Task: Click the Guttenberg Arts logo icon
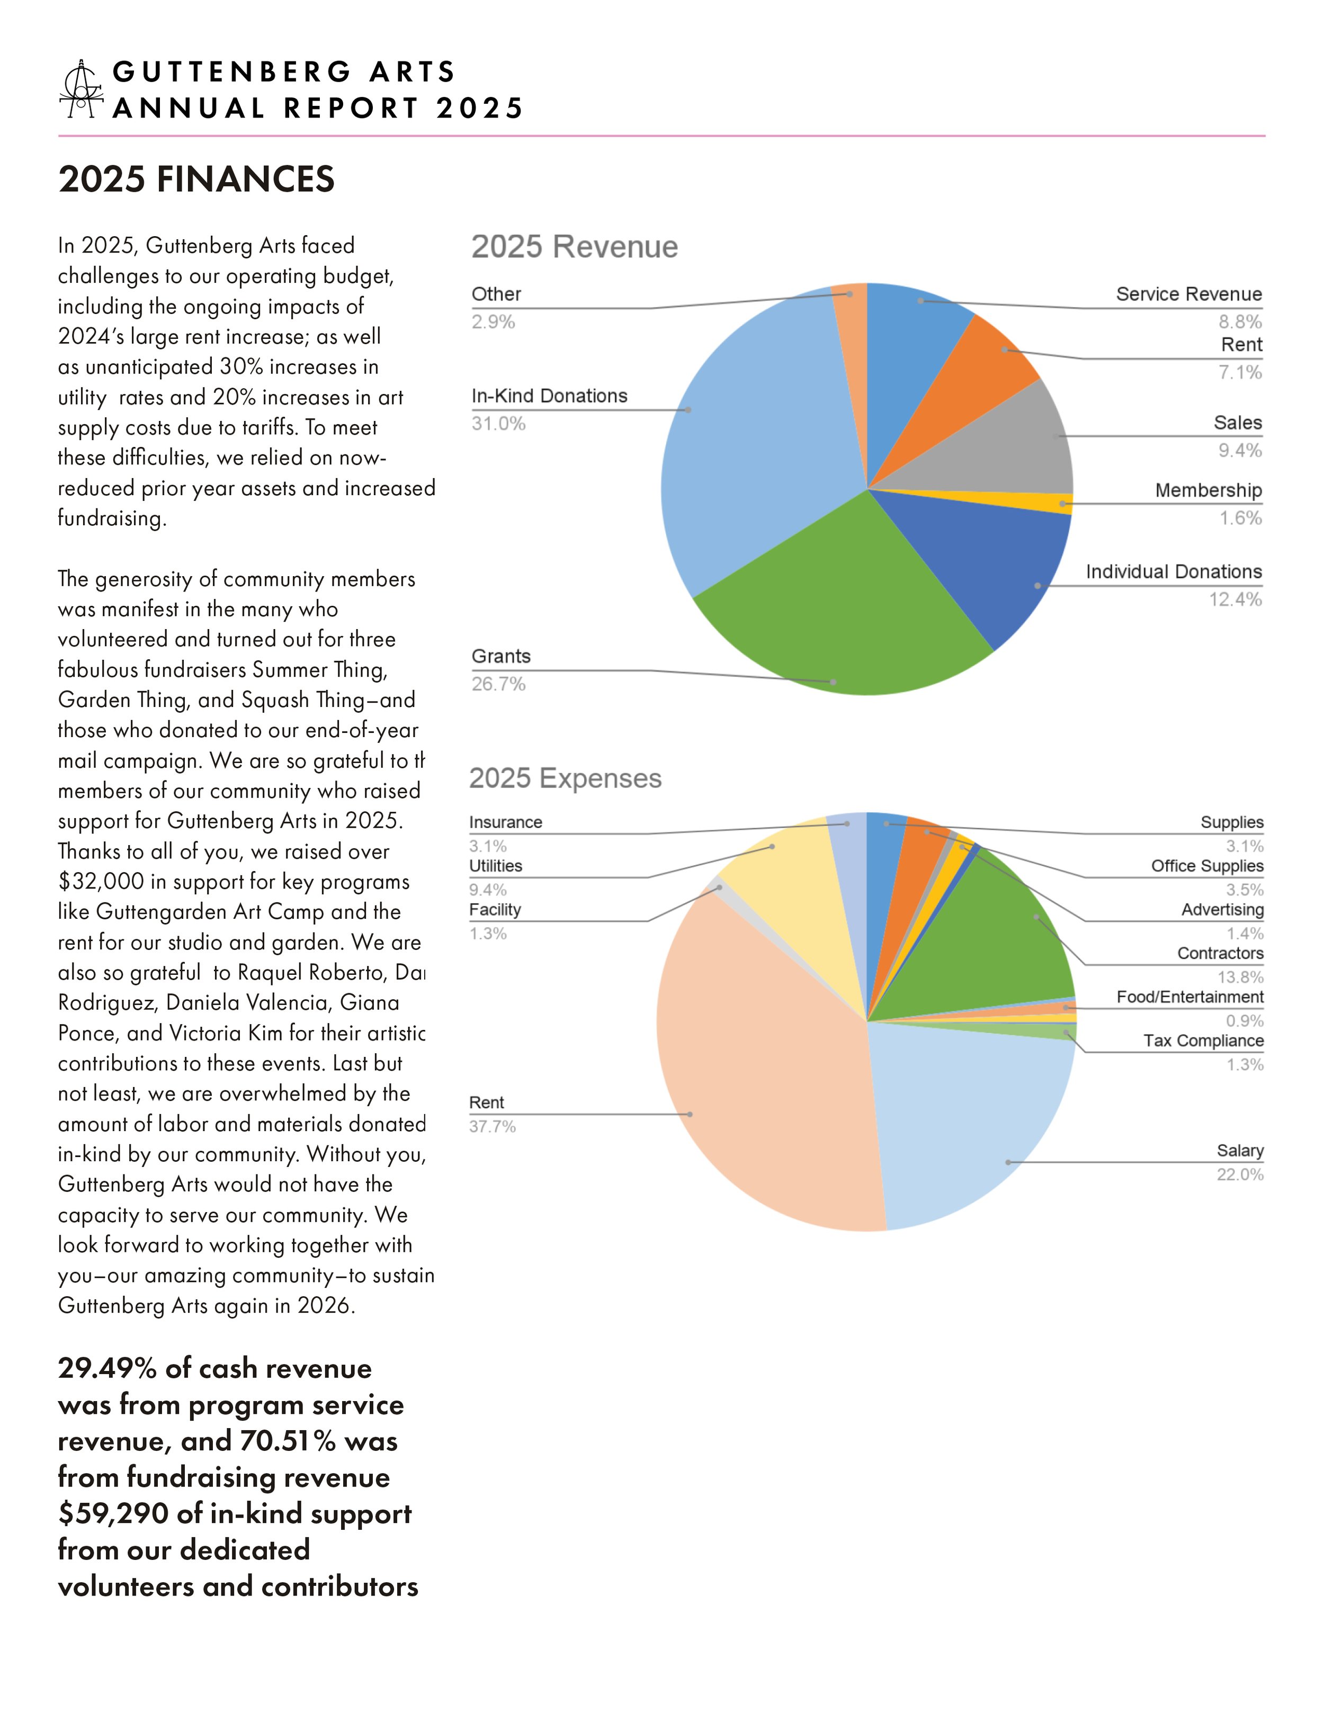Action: pos(82,88)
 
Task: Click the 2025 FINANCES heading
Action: pos(196,179)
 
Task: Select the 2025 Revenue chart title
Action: pos(574,247)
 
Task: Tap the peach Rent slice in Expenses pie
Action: pos(761,1098)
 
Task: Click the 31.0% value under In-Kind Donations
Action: pos(498,424)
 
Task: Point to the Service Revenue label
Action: pos(1188,294)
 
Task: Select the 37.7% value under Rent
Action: pos(492,1127)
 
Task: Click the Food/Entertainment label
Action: pos(1190,997)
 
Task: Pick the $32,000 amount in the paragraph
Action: pos(101,882)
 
